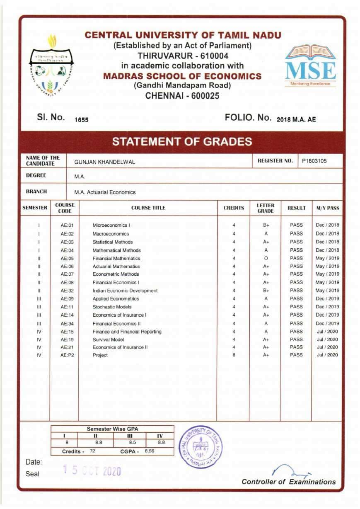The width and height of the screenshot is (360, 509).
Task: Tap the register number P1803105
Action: (x=317, y=161)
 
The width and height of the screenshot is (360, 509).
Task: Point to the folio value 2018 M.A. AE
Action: (x=296, y=119)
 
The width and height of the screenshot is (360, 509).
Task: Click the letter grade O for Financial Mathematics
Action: (x=266, y=258)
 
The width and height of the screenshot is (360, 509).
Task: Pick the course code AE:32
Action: (x=67, y=291)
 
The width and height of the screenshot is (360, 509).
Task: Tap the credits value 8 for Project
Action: (x=234, y=355)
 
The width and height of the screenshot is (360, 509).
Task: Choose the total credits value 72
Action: (x=92, y=451)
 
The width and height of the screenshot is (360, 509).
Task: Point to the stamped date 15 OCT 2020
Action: (x=91, y=471)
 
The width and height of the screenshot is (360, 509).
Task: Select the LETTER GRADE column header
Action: (x=266, y=208)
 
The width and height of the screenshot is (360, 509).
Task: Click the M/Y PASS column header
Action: (x=328, y=208)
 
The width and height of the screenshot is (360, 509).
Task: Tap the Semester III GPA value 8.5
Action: (x=132, y=442)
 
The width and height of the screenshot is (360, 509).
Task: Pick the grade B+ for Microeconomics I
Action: (x=266, y=225)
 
